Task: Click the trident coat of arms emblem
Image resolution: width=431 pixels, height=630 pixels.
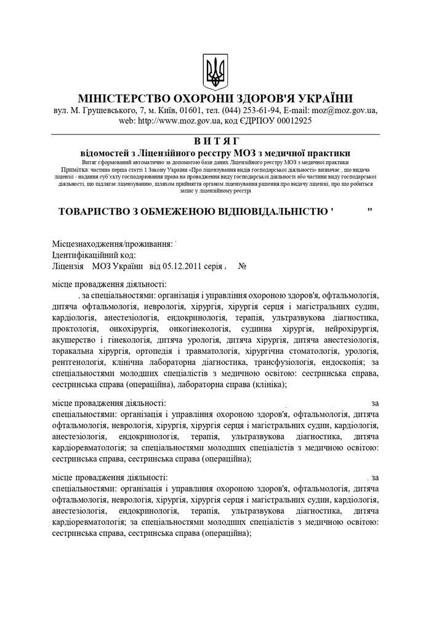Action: tap(216, 73)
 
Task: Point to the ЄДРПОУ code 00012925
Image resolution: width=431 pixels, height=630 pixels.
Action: tap(291, 121)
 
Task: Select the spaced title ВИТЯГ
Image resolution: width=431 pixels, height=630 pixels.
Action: tap(215, 141)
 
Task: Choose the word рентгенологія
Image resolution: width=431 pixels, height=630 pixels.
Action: tap(79, 362)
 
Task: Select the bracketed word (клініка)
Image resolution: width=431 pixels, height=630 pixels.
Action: tap(268, 385)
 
